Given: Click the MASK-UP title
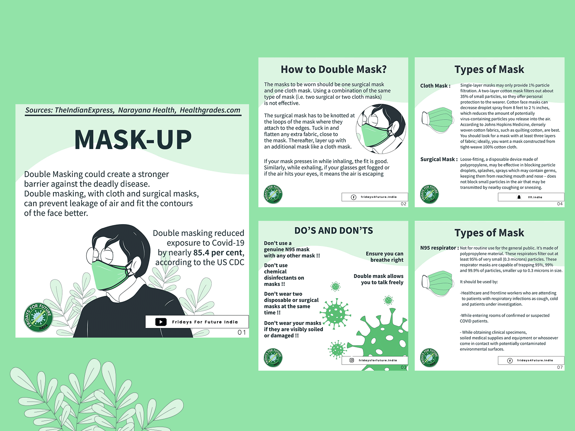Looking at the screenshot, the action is [133, 140].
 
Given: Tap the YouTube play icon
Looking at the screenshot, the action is [161, 322].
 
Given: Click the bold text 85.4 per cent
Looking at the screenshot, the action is [219, 253].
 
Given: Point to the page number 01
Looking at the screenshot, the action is [241, 332].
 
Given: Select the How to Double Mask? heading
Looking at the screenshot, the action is [333, 69].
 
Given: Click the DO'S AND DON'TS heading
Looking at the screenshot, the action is [333, 231].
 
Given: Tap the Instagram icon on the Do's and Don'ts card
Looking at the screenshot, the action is [352, 360].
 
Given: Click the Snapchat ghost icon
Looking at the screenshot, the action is [519, 197].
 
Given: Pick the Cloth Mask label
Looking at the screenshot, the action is [435, 86].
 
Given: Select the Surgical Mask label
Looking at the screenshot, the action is [439, 159].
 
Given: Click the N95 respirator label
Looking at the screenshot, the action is [440, 248].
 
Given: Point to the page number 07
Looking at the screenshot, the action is [560, 367].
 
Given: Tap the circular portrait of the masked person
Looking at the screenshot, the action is [381, 129].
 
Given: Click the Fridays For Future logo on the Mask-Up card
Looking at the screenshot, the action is [38, 318].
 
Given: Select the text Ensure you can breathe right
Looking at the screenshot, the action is [384, 257].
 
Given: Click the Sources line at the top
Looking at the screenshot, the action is [133, 110].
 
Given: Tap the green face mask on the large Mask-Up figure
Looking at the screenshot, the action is [110, 275].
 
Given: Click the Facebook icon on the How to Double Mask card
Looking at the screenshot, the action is [353, 197].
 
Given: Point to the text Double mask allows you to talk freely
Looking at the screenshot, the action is [378, 279].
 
